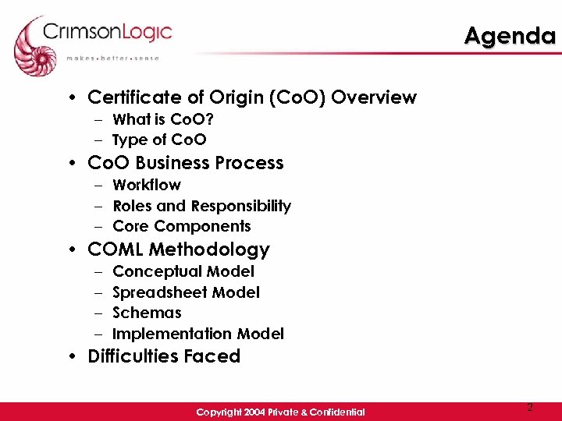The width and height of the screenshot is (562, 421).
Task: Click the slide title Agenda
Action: click(510, 36)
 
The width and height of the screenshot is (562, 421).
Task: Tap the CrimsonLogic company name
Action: click(108, 32)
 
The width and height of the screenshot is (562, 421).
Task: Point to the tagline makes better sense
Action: click(112, 58)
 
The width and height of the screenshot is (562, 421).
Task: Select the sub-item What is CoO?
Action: click(163, 119)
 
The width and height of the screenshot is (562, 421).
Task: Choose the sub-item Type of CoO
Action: click(159, 140)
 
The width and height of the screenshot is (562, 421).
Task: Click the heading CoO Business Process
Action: click(186, 163)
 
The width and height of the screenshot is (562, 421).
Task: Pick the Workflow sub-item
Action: click(147, 186)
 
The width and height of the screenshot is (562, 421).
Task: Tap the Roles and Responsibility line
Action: click(201, 206)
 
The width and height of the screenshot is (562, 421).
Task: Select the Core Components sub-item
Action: click(182, 227)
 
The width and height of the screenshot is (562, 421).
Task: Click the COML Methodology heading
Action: click(179, 249)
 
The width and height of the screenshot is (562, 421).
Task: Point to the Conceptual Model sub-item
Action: click(183, 271)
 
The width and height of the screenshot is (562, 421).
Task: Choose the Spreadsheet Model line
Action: click(186, 292)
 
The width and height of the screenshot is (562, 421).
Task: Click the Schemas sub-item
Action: click(147, 313)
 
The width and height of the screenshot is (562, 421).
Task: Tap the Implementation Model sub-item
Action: click(198, 334)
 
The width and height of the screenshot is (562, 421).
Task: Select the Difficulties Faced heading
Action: click(164, 356)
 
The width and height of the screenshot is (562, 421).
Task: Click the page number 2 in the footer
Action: click(529, 408)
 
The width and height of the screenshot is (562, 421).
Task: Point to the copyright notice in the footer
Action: click(280, 412)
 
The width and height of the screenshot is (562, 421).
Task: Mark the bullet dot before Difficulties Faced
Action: click(72, 357)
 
